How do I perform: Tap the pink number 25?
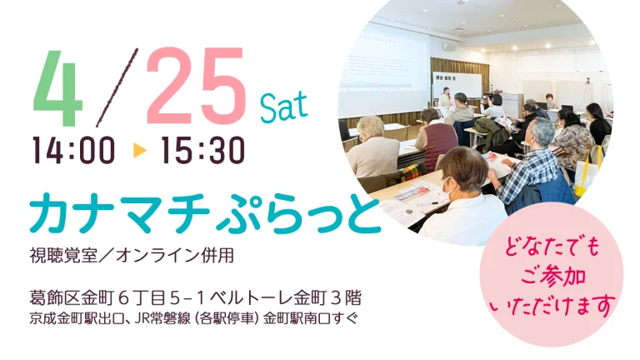click(x=196, y=85)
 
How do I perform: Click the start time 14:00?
click(x=73, y=151)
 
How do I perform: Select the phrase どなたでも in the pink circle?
click(x=551, y=247)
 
